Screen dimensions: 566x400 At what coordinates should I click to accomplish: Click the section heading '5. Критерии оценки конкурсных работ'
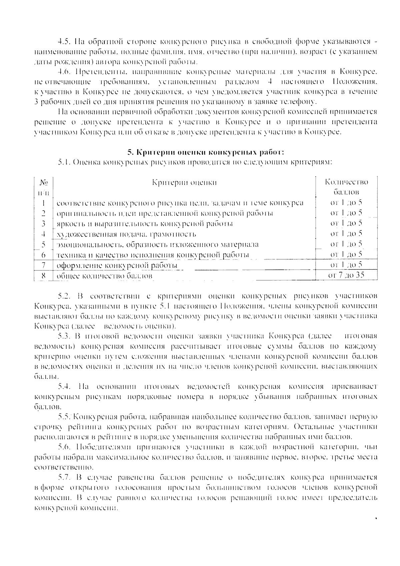click(206, 152)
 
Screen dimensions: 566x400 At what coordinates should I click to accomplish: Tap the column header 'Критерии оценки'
click(184, 182)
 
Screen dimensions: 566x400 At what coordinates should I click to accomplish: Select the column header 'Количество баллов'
click(347, 187)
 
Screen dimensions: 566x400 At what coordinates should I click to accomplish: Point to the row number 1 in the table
click(44, 203)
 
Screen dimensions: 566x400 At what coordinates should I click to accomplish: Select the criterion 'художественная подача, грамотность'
click(126, 234)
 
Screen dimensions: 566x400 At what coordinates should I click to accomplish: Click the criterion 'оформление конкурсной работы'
click(117, 266)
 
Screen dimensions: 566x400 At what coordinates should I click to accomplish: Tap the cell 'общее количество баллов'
click(104, 276)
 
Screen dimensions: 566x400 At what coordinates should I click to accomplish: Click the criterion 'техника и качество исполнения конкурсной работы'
click(153, 255)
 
